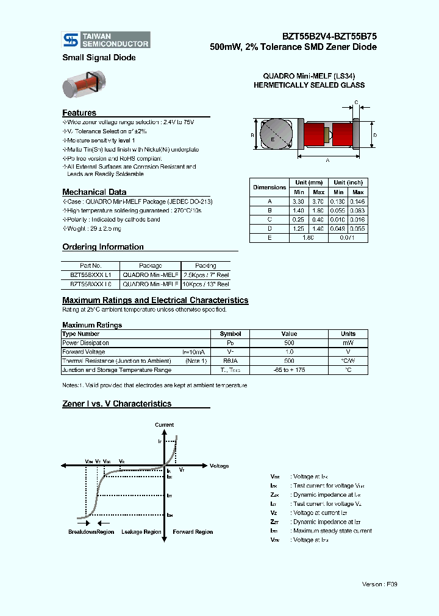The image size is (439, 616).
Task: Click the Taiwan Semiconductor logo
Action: (106, 40)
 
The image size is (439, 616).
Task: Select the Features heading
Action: (79, 113)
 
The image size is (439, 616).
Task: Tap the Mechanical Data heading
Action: (95, 192)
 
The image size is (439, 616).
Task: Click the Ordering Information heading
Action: (103, 247)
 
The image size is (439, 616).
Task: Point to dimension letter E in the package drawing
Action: (273, 139)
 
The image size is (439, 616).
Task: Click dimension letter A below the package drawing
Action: (327, 160)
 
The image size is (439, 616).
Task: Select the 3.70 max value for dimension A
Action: (318, 201)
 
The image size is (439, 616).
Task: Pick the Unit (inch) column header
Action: (348, 183)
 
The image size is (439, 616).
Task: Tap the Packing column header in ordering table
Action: (205, 265)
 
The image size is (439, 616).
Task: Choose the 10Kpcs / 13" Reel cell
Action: (205, 284)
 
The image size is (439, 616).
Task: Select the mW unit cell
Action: (348, 343)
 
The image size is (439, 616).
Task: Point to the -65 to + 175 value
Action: (289, 369)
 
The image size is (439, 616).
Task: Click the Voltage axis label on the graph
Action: (219, 466)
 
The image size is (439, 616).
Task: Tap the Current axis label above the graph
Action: (164, 425)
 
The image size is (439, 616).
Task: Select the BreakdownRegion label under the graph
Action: (91, 532)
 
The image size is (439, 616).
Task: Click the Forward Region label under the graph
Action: (193, 532)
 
